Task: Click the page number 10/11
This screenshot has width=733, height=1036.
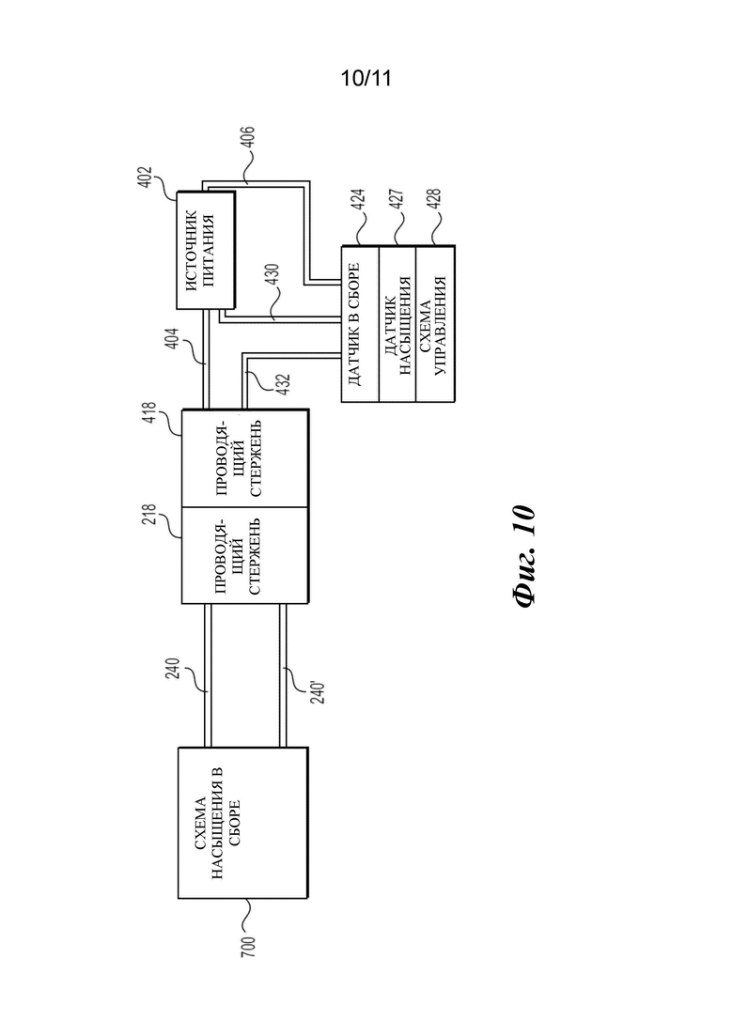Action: coord(366,79)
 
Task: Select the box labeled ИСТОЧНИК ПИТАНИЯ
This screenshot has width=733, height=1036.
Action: coord(206,250)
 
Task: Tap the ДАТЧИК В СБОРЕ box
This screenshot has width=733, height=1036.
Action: coord(360,324)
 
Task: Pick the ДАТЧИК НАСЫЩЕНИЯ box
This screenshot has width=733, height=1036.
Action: coord(398,324)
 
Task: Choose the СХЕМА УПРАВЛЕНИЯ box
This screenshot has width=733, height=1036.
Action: coord(435,324)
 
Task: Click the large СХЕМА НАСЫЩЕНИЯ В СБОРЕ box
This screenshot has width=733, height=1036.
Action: coord(243,823)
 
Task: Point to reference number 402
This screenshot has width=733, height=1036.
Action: coord(146,178)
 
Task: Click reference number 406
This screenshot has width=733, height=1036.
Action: coord(248,138)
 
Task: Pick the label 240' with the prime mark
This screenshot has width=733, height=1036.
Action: coord(318,690)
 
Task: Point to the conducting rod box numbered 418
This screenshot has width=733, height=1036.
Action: coord(244,457)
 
